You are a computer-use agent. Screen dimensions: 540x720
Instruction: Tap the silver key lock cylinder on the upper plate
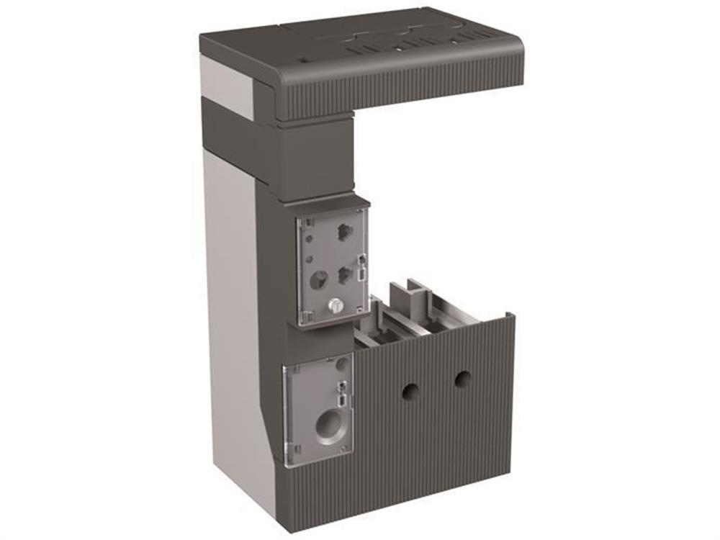[333, 305]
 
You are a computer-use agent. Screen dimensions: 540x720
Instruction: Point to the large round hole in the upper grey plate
[318, 277]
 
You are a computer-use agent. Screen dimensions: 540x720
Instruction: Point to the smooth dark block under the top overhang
[317, 162]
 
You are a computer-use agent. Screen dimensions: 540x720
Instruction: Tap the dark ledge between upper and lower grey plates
[317, 338]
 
